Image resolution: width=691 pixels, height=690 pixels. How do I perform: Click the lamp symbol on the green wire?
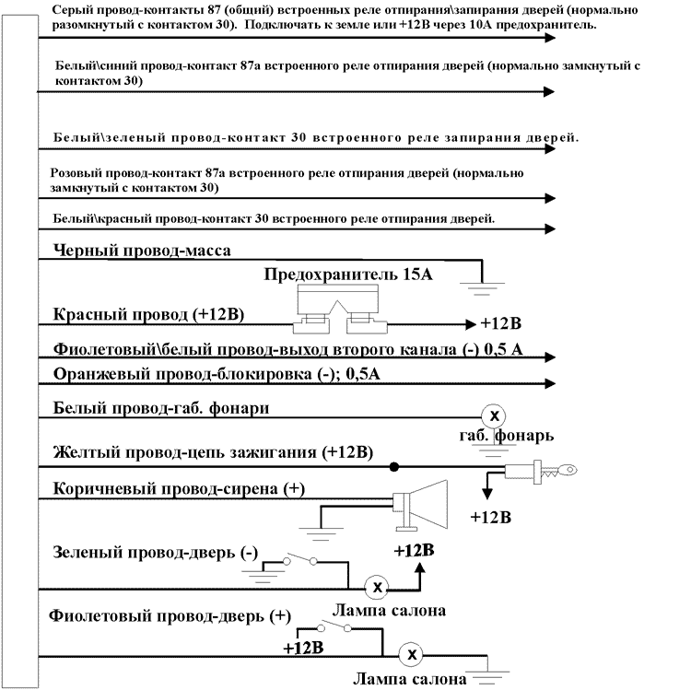pos(377,587)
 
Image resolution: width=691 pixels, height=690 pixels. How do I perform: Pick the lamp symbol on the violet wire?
pos(413,653)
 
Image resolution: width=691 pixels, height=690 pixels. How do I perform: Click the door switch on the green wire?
pos(302,560)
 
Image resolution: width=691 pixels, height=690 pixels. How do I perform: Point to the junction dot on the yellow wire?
pos(393,466)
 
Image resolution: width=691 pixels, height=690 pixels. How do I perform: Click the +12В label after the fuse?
pos(500,324)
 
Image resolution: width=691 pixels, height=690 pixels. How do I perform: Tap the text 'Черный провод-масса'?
pos(142,250)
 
